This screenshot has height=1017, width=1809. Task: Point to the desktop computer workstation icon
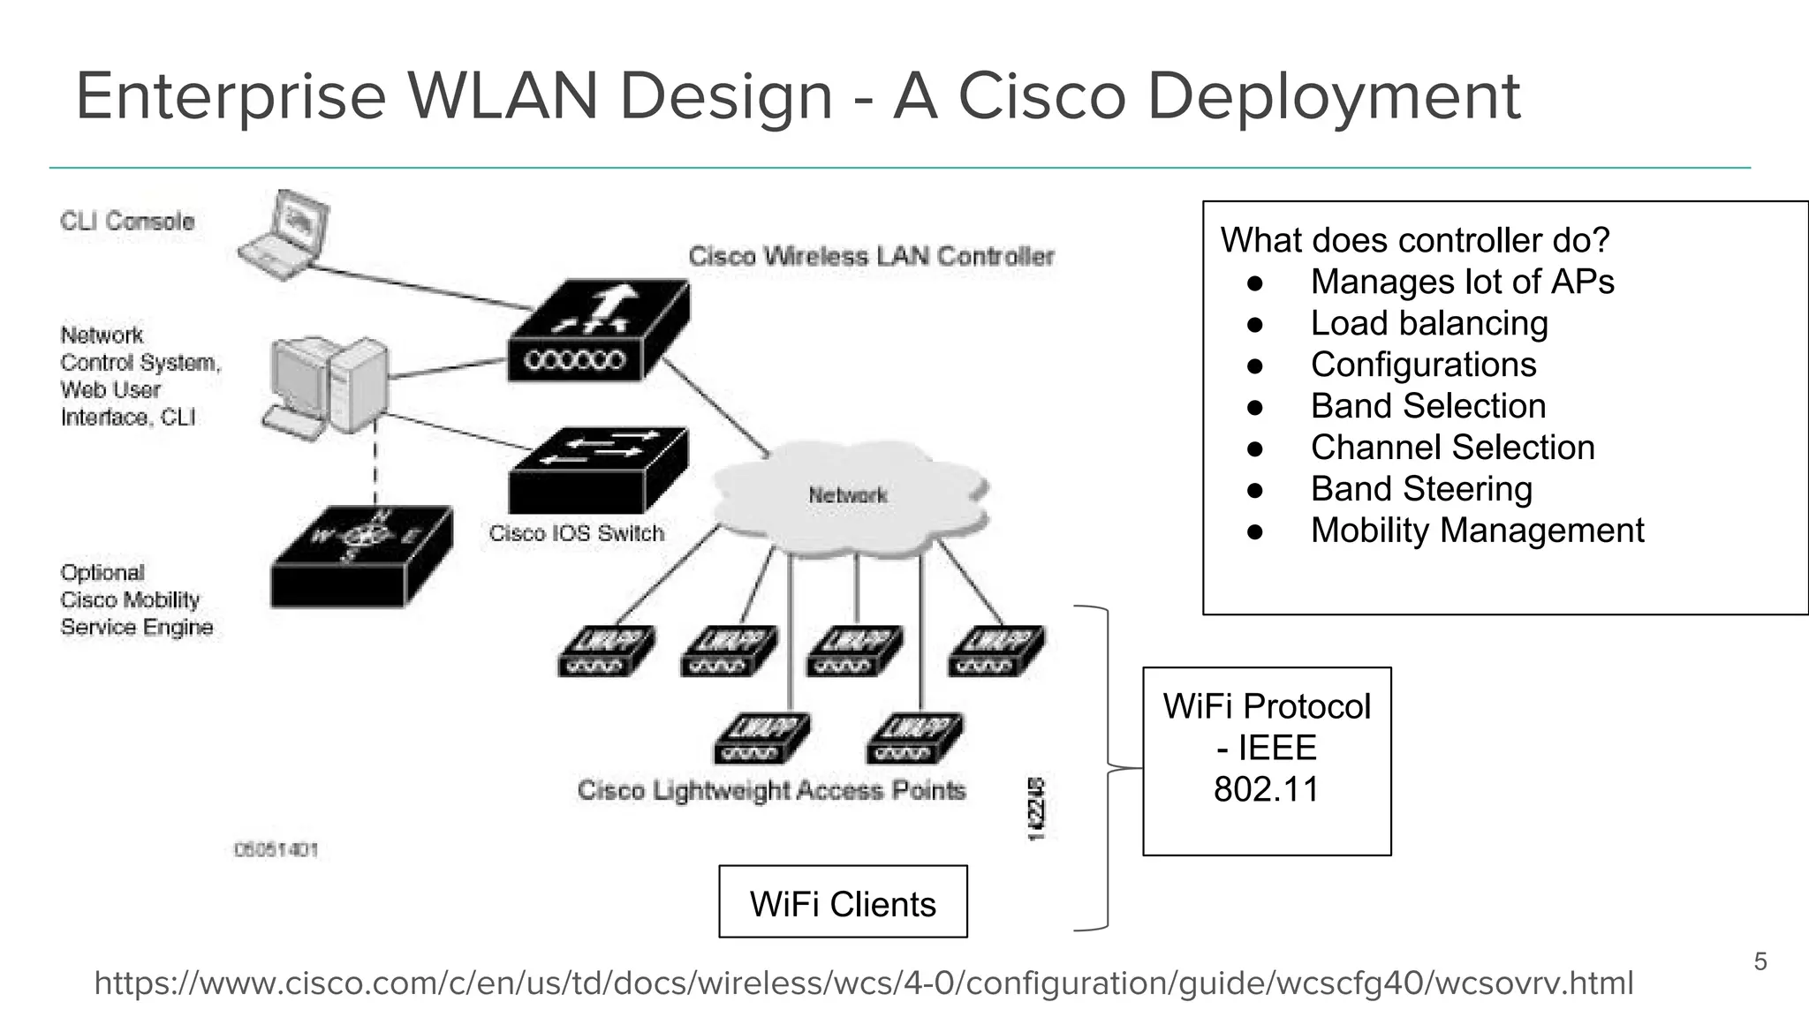tap(327, 387)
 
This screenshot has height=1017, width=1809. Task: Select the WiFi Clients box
tap(843, 902)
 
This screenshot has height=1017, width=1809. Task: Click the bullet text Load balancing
tap(1428, 323)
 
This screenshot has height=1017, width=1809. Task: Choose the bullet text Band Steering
tap(1420, 489)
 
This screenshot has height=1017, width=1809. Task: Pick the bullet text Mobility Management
tap(1477, 531)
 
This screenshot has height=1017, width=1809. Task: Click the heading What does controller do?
tap(1415, 240)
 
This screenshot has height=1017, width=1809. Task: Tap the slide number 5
tap(1760, 961)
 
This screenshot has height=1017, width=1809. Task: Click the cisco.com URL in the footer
tap(863, 983)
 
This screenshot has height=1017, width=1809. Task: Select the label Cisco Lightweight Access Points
tap(771, 790)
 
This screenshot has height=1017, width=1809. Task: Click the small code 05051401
tap(276, 850)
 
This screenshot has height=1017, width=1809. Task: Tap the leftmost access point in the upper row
tap(607, 652)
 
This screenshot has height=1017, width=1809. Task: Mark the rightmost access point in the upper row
tap(996, 652)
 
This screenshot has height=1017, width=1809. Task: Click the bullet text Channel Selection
tap(1452, 448)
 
